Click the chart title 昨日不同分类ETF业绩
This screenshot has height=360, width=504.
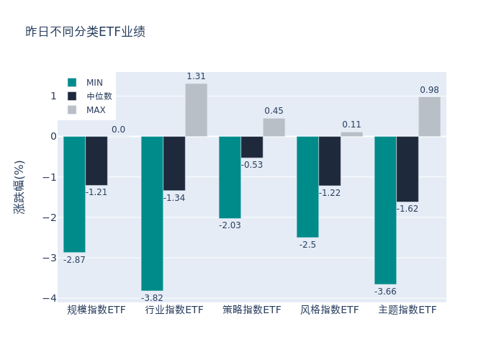tap(85, 32)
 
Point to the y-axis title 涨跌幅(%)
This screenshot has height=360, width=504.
tap(19, 186)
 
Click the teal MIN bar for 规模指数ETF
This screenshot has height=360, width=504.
tap(74, 194)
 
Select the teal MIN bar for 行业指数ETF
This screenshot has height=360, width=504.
tap(152, 213)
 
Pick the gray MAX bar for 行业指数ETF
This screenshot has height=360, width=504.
tap(196, 110)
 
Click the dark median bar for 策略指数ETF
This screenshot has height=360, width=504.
tap(252, 147)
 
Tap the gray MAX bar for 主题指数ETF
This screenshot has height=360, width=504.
tap(429, 117)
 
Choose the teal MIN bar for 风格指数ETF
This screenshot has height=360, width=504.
tap(307, 186)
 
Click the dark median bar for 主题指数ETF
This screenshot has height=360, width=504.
tap(408, 168)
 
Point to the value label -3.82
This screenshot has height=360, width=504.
tap(152, 298)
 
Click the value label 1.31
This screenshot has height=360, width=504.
tap(196, 76)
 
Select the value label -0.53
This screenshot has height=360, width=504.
tap(252, 165)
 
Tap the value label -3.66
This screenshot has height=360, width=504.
tap(385, 292)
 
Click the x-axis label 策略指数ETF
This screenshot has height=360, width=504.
tap(252, 310)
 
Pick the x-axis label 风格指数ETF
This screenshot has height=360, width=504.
tap(330, 310)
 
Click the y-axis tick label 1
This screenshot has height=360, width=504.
tap(53, 96)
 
